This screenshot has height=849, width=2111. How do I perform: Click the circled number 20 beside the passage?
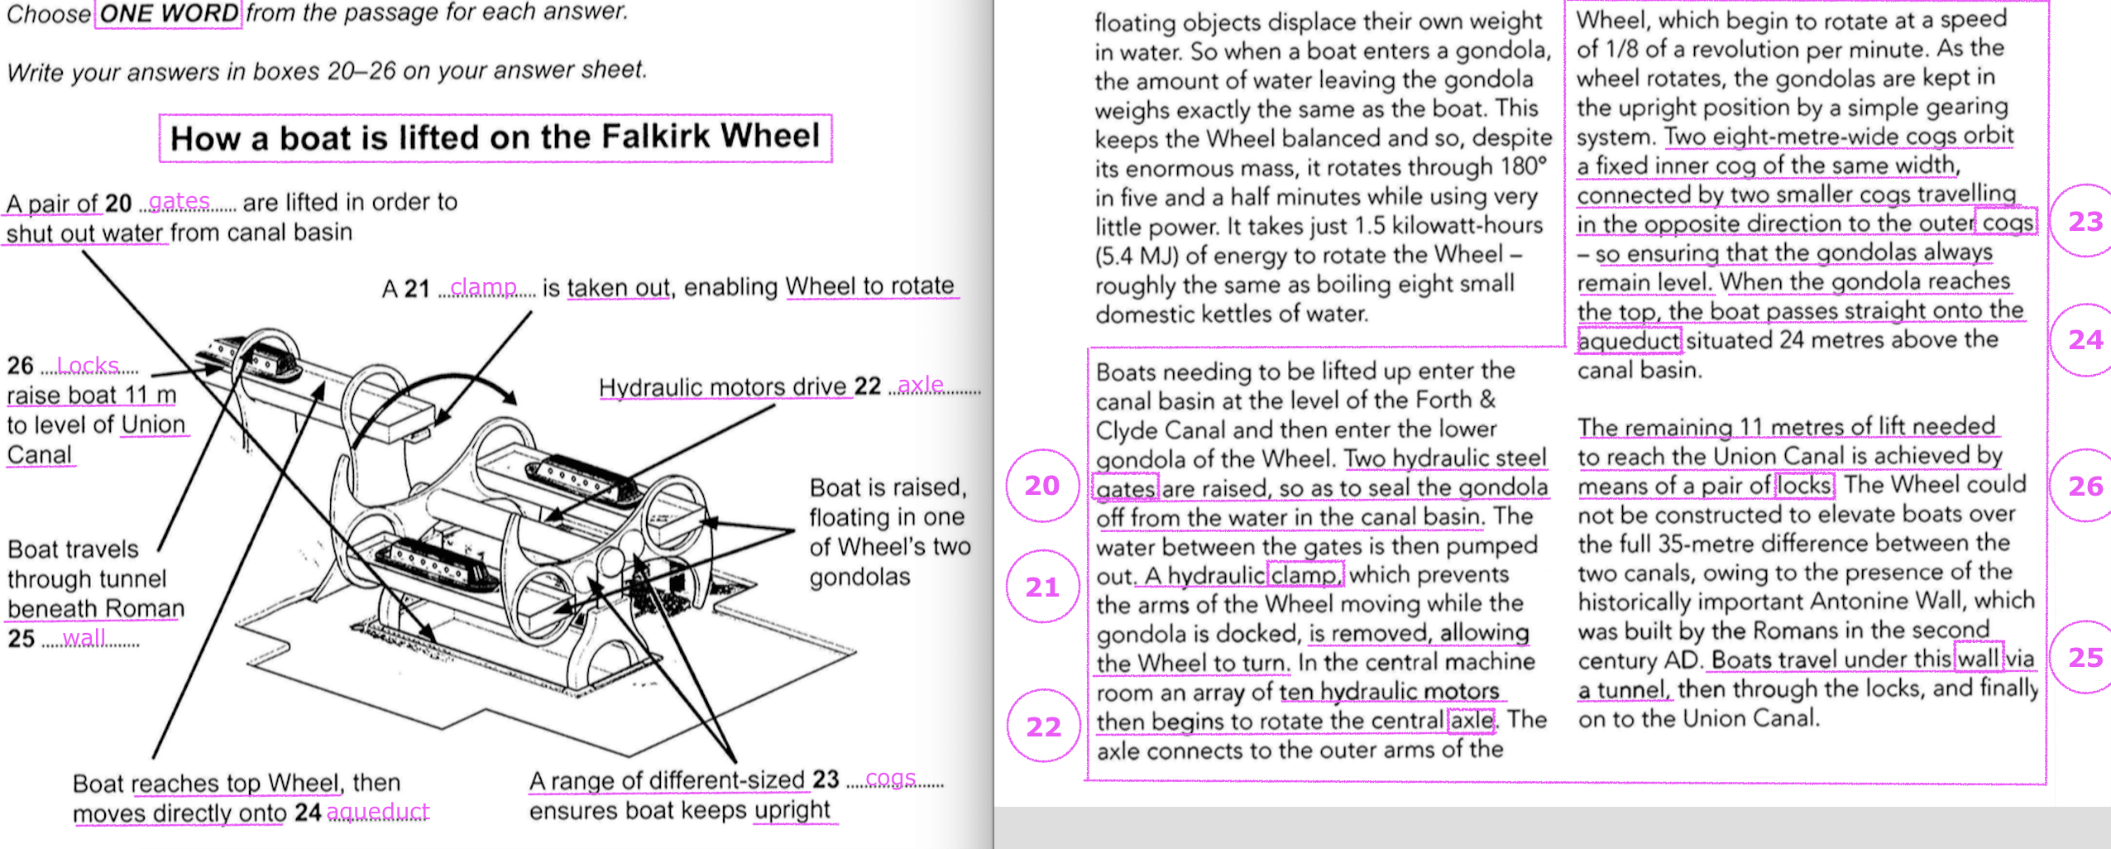click(1042, 486)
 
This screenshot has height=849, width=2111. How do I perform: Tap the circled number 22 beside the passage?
click(1043, 727)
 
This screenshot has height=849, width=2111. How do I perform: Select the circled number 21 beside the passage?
click(1042, 587)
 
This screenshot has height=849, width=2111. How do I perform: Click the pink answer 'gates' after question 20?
click(179, 201)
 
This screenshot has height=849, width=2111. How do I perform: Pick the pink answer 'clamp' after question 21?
click(483, 287)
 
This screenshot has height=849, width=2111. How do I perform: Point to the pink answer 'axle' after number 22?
click(920, 385)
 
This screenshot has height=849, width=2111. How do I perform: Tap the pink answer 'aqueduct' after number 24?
click(378, 812)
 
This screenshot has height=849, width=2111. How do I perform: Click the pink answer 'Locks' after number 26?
click(88, 365)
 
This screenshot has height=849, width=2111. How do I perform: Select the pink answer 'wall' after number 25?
click(84, 638)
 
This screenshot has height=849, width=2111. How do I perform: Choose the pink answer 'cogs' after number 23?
click(890, 779)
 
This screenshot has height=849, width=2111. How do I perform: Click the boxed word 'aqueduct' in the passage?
click(1629, 340)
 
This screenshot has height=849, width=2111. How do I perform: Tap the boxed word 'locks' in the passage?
click(1804, 485)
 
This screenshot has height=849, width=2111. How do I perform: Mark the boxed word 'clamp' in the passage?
click(1304, 574)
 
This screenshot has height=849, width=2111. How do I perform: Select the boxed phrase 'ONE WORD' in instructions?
click(168, 13)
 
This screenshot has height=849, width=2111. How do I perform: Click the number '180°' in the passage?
click(1524, 166)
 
